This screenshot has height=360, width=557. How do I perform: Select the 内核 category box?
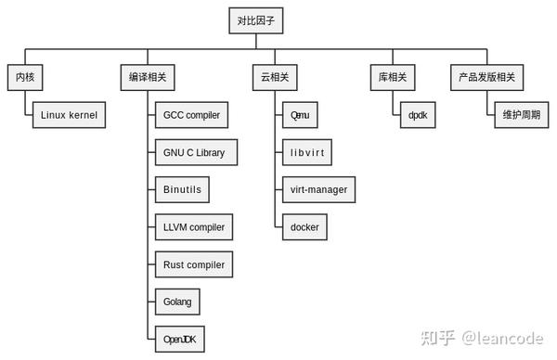coord(25,76)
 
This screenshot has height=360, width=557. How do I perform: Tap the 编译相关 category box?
coord(149,76)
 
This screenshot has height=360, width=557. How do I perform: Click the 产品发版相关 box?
coord(486,76)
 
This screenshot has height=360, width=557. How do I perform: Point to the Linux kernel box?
coord(69,115)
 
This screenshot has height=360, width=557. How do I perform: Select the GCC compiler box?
coord(190,115)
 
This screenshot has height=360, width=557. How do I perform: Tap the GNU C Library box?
coord(194,152)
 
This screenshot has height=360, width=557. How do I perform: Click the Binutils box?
coord(181,189)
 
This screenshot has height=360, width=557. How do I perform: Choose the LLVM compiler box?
coord(193,226)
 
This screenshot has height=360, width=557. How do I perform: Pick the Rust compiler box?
coord(193,264)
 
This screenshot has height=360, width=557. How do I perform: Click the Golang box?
coord(176,302)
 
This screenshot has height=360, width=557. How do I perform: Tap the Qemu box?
coord(300,115)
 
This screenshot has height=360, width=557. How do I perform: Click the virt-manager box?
coord(318,189)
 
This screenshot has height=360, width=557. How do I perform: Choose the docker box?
coord(304,226)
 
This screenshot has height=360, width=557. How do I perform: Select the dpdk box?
coord(416,115)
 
